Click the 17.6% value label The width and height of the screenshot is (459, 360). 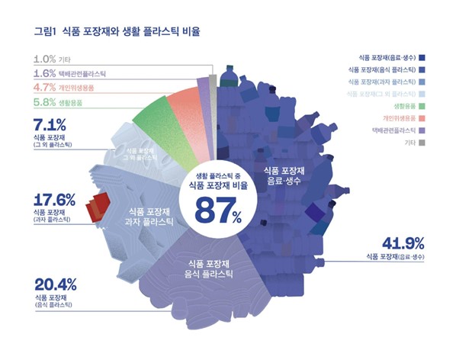tap(54, 200)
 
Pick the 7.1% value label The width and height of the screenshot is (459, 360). tap(50, 124)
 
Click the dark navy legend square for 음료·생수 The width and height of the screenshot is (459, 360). tap(422, 58)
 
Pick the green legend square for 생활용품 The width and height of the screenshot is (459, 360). tap(422, 106)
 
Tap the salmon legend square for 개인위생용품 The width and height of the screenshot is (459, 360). tap(422, 118)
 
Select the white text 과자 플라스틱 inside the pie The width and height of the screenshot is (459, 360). tap(149, 222)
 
